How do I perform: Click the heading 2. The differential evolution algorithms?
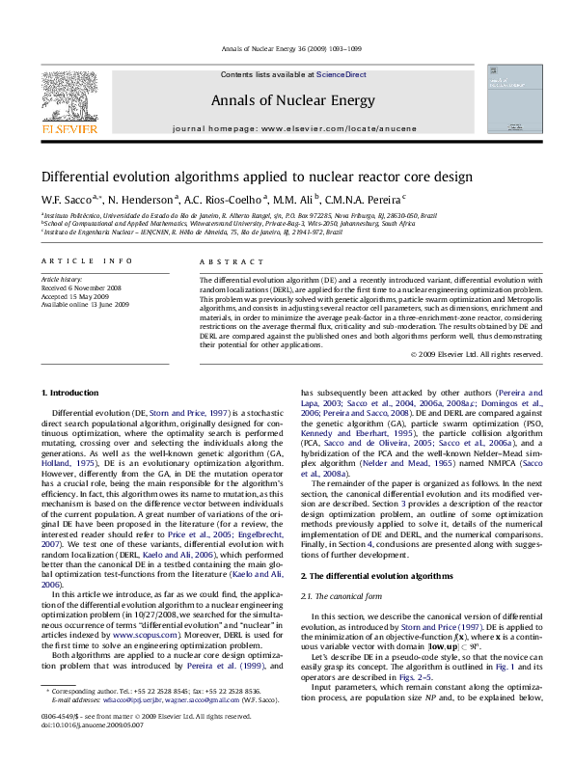click(369, 548)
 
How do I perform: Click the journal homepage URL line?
click(287, 128)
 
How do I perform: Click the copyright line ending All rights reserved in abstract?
click(473, 354)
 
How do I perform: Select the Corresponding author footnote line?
click(156, 719)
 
